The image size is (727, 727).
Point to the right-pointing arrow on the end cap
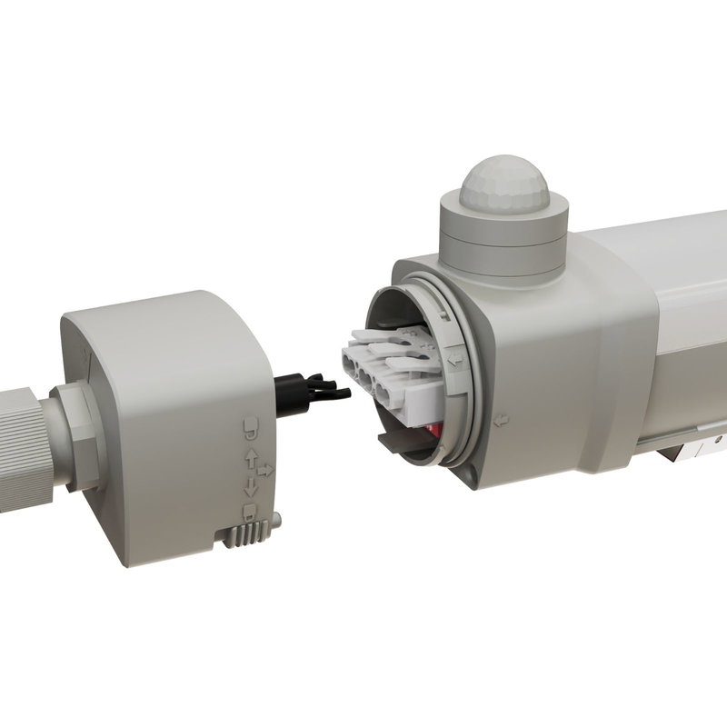click(x=265, y=471)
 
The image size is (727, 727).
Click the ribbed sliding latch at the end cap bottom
click(x=251, y=534)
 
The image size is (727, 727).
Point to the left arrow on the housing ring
click(x=452, y=360)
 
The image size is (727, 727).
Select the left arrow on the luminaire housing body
click(x=501, y=421)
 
